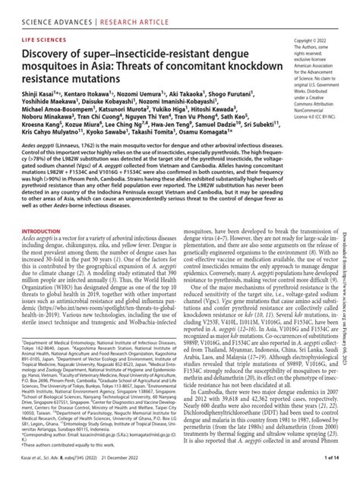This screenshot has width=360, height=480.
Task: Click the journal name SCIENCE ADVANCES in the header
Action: coord(54,11)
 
